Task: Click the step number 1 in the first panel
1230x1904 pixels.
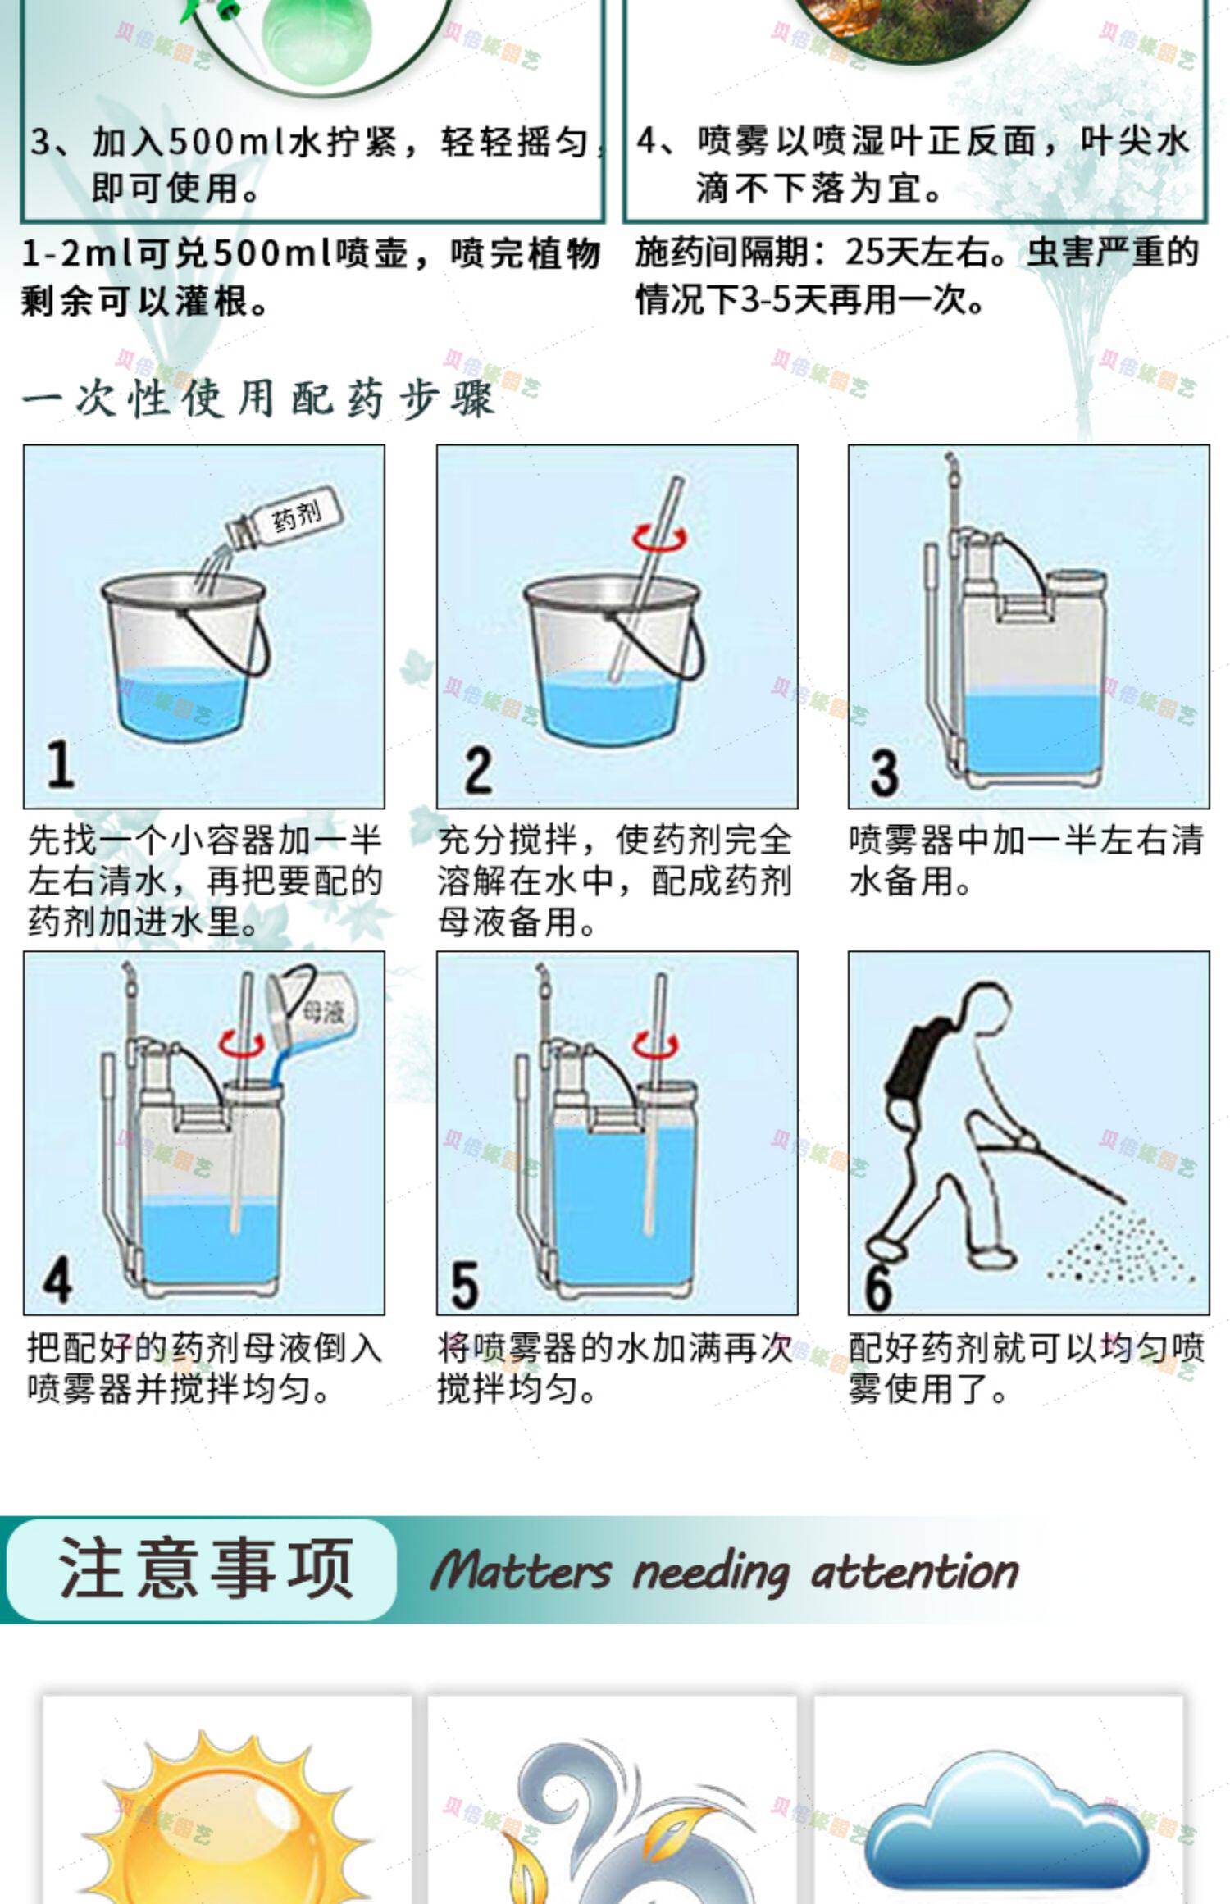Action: pos(59,764)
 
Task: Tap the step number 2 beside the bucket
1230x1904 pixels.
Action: pos(477,770)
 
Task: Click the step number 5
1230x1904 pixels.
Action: pos(465,1285)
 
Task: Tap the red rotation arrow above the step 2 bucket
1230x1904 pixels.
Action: pos(659,537)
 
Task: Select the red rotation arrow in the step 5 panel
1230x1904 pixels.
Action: pos(656,1045)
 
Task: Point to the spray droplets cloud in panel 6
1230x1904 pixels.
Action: pos(1122,1243)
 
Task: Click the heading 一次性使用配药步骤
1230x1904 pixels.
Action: pos(259,399)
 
